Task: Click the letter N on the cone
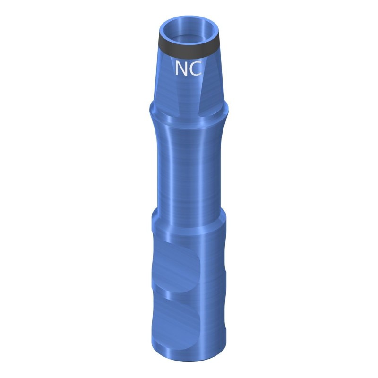pyautogui.click(x=181, y=68)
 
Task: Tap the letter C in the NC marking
pyautogui.click(x=195, y=68)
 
